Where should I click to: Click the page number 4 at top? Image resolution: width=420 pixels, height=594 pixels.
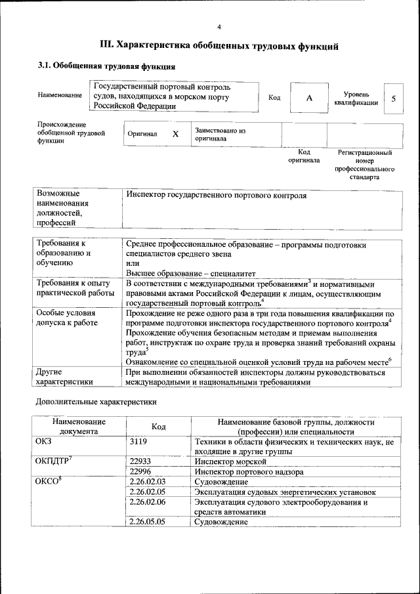219,26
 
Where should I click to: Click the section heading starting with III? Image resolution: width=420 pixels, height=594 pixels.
219,46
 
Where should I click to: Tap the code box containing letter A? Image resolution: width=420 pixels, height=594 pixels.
308,98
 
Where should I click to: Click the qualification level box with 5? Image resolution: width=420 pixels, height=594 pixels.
393,98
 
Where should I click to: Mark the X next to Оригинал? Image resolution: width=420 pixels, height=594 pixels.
175,134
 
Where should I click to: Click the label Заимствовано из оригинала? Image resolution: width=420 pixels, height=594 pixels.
220,135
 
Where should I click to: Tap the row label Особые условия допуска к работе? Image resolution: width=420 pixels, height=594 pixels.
67,318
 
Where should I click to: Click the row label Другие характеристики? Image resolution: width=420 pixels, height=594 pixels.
64,376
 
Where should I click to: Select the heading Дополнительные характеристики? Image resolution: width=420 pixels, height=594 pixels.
95,400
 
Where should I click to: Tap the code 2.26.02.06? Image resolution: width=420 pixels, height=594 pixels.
147,502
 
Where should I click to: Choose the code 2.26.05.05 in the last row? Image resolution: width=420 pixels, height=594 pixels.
147,522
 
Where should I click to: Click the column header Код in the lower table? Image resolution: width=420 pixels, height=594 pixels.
158,427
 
